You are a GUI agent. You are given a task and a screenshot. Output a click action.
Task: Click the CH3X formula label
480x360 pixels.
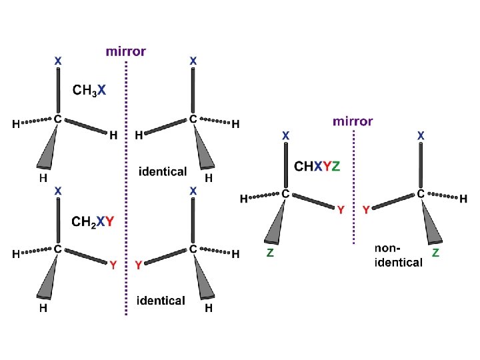[x=89, y=91]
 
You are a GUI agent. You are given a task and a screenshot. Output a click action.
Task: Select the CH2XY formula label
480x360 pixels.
[x=93, y=221]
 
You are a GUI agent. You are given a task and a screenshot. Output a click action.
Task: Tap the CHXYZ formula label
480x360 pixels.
[x=317, y=166]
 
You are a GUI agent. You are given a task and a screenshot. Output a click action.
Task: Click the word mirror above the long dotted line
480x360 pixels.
[x=126, y=51]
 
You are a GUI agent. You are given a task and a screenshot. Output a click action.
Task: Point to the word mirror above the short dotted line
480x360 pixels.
[x=353, y=121]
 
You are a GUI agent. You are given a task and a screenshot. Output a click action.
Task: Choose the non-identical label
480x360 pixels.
[x=398, y=255]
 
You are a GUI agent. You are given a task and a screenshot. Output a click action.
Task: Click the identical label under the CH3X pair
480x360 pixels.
[x=163, y=171]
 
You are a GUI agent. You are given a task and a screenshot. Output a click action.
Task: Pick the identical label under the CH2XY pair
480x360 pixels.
[x=161, y=301]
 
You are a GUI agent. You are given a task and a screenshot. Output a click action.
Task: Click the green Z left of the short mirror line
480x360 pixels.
[x=270, y=253]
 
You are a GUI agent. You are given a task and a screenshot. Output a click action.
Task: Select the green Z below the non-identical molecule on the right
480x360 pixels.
[x=435, y=253]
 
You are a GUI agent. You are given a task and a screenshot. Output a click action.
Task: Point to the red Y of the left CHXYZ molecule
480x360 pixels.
[x=341, y=210]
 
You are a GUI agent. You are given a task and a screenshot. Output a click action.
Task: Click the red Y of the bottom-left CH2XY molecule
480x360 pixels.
[x=113, y=265]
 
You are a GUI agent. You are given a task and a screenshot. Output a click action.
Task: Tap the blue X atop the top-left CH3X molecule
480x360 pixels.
[x=58, y=61]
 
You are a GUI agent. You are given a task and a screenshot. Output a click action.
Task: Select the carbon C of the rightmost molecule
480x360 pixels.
[x=421, y=193]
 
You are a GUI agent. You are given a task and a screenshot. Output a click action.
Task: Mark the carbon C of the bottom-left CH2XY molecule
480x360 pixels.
[x=58, y=249]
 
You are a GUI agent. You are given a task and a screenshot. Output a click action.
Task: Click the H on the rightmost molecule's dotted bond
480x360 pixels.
[x=463, y=199]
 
